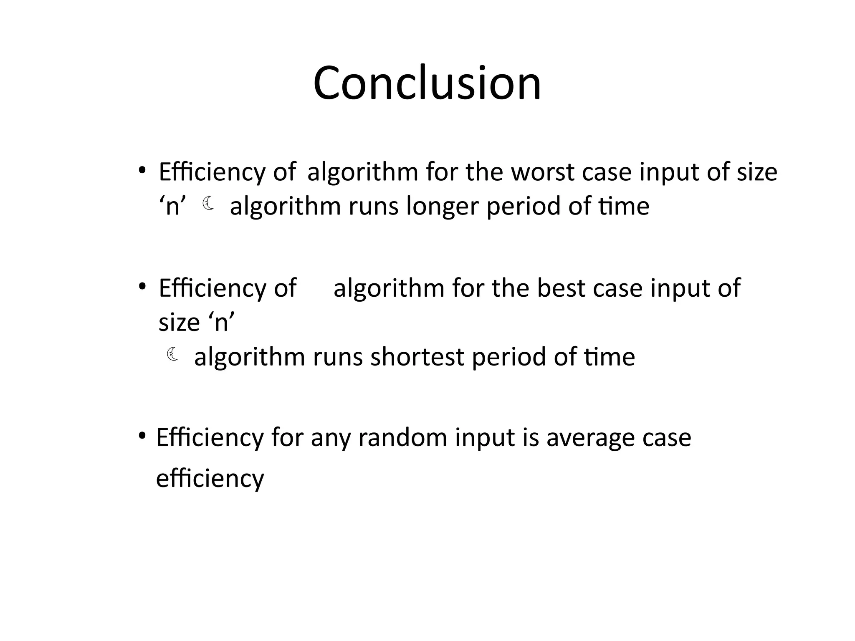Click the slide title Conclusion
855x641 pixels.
tap(427, 83)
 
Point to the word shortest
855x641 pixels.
tap(417, 357)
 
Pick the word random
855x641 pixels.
tap(403, 438)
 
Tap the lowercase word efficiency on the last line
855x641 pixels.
tap(210, 478)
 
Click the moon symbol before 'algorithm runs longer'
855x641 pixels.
tap(208, 204)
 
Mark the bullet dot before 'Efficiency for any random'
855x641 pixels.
tap(142, 436)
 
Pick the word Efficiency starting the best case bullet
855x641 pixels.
tap(212, 288)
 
